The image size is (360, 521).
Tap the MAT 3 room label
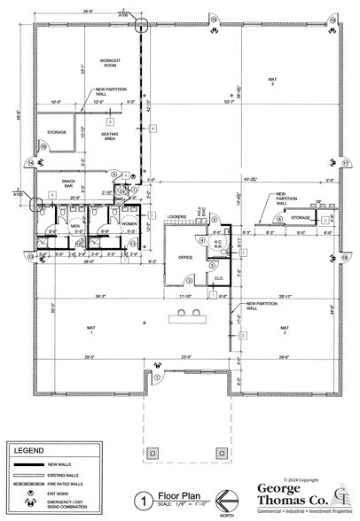(x=273, y=82)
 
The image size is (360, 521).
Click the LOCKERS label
(x=176, y=215)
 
